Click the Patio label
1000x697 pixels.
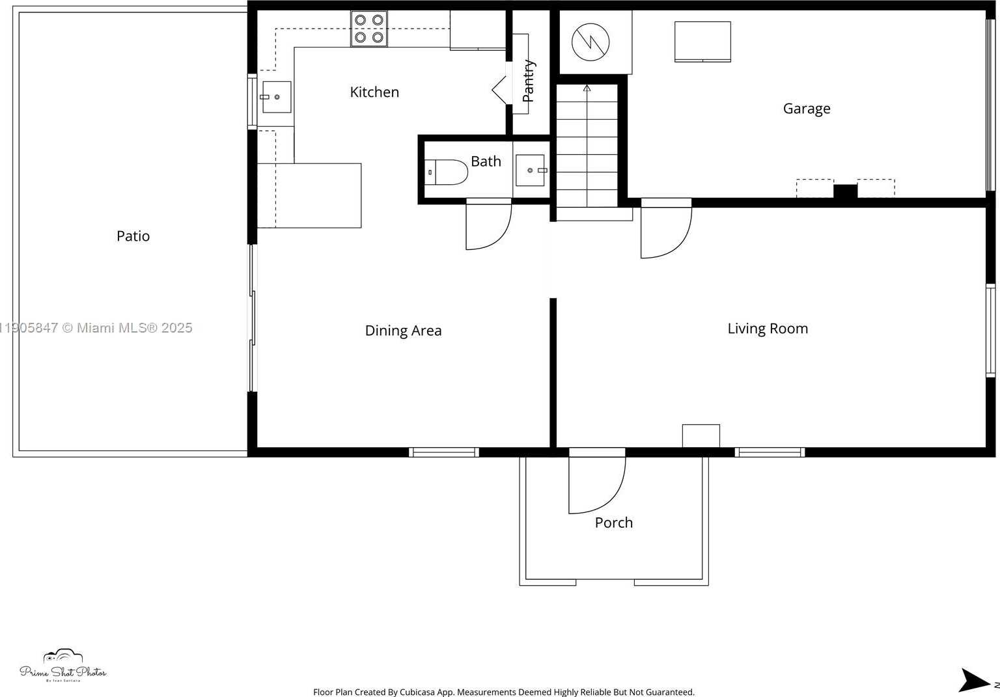coord(133,236)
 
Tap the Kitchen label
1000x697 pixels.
coord(374,92)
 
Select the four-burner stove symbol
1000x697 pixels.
coord(369,29)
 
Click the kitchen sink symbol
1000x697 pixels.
coord(276,97)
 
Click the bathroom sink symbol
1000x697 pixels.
coord(531,171)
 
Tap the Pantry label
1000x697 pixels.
coord(529,81)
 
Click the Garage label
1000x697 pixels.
coord(807,109)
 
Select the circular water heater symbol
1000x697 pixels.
coord(590,42)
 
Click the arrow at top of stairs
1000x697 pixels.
coord(587,87)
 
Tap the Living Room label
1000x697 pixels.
coord(768,329)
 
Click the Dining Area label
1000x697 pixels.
coord(403,331)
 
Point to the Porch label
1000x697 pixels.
coord(613,523)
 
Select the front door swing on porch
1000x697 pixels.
coord(596,485)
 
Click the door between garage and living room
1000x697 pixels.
coord(665,231)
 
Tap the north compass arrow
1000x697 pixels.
coord(973,680)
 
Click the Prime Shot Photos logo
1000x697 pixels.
coord(62,666)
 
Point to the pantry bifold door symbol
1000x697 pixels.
coord(500,89)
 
